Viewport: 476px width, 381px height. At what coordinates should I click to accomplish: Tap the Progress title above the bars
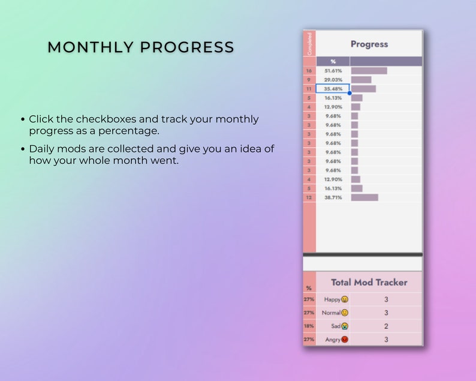point(369,44)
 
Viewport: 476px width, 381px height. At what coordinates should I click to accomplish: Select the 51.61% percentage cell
point(333,71)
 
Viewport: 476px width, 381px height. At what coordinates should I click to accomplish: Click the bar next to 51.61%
point(369,71)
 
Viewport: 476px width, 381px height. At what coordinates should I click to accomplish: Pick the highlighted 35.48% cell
point(333,89)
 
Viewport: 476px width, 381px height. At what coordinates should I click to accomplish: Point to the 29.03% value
point(333,80)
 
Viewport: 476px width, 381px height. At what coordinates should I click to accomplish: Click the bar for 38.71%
point(364,197)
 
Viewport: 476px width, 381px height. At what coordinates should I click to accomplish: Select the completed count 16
point(309,71)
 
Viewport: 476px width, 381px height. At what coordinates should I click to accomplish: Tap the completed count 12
point(309,197)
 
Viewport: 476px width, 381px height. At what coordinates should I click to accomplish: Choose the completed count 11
point(309,89)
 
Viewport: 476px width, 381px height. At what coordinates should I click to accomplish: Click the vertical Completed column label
point(309,43)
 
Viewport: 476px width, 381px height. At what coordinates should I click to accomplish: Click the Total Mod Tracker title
point(369,282)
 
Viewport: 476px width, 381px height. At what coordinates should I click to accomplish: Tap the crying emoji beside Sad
point(345,326)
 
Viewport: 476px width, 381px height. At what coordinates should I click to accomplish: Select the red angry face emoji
point(345,340)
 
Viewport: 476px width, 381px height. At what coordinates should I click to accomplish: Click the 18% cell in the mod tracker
point(309,326)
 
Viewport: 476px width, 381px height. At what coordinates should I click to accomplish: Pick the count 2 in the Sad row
point(386,326)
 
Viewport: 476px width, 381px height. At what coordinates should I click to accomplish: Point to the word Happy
point(332,299)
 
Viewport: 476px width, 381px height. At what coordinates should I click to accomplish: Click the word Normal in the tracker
point(330,313)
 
